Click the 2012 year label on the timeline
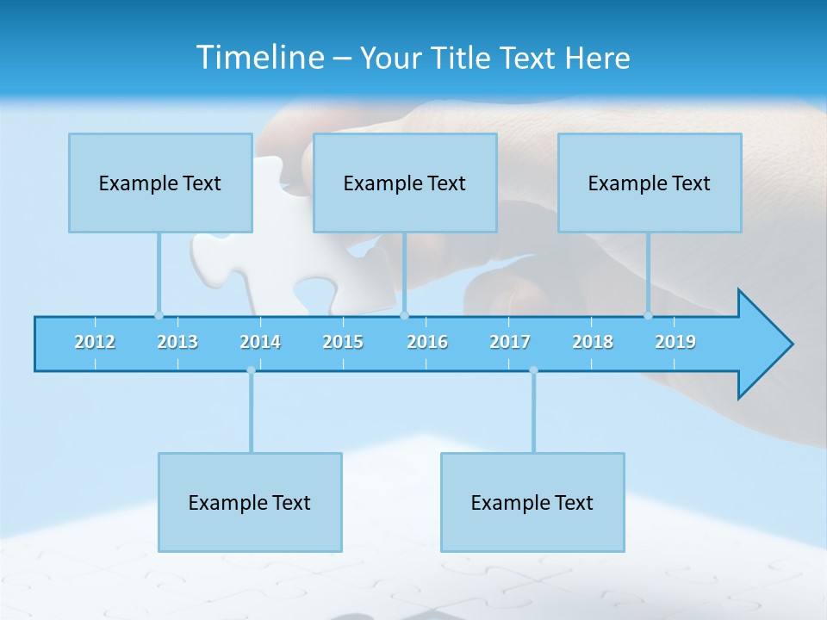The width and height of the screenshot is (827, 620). click(95, 342)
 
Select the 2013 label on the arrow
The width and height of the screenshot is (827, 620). click(177, 342)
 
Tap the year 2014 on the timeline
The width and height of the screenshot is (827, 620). click(260, 342)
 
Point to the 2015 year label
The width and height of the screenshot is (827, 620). click(343, 342)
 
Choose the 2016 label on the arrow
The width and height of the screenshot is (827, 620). click(427, 342)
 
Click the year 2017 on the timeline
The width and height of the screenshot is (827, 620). click(510, 342)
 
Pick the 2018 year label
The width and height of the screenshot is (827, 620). click(593, 342)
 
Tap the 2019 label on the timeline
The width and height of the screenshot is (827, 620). click(675, 342)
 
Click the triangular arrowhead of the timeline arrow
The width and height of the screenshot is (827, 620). click(762, 344)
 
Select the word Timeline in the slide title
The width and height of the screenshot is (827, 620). click(258, 58)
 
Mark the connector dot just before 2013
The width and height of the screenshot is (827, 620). click(159, 315)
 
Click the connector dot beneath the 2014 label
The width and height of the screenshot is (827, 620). click(251, 370)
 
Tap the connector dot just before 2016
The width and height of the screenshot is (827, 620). click(404, 315)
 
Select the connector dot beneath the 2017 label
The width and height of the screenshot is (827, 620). click(533, 370)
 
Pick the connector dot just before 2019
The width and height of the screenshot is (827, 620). click(648, 315)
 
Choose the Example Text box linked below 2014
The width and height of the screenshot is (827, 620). click(250, 502)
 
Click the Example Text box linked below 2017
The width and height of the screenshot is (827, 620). click(532, 502)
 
